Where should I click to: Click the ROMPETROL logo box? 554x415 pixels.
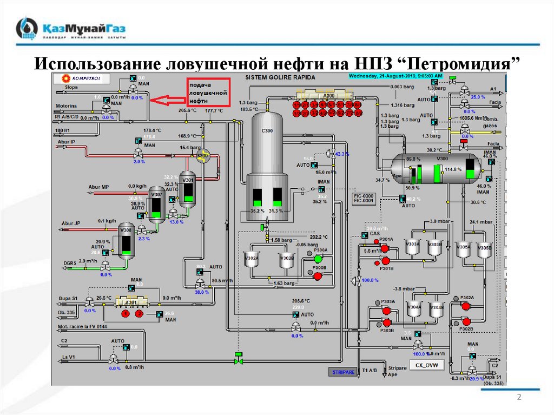click(81, 77)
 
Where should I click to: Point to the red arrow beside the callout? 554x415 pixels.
click(167, 100)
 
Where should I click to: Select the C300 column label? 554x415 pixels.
click(267, 130)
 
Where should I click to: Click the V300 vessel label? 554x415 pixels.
click(443, 158)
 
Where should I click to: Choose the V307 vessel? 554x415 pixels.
click(157, 204)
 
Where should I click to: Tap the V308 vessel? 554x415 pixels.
click(126, 239)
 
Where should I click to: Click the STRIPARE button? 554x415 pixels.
click(343, 372)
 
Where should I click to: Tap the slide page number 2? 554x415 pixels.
click(519, 398)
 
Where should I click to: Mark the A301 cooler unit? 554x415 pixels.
click(131, 304)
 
